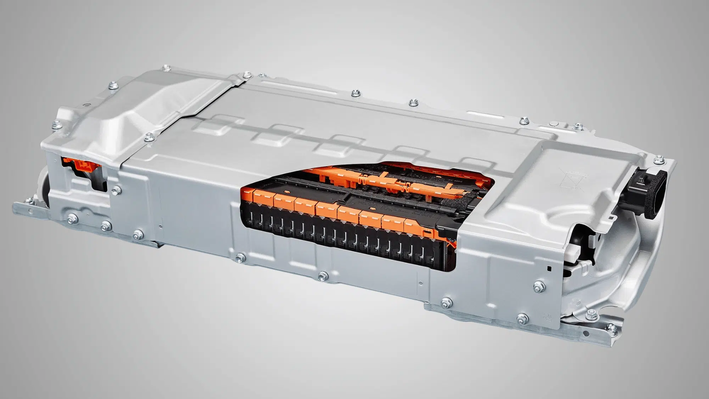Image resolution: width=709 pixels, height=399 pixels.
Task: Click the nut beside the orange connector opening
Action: [115, 192]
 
